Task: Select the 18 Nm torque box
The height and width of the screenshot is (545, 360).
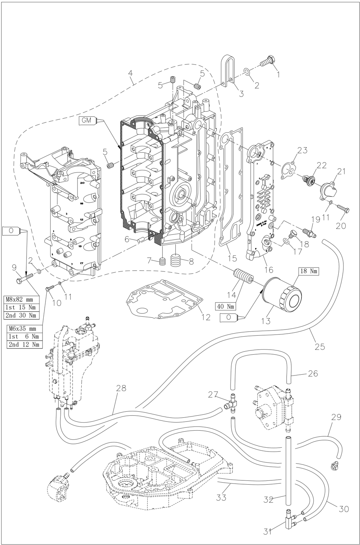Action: [308, 271]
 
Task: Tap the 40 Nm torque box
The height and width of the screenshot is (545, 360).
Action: [226, 306]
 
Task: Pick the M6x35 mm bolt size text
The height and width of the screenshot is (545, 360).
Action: [24, 328]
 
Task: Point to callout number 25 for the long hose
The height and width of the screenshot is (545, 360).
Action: [320, 346]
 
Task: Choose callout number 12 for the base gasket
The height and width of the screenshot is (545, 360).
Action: [205, 317]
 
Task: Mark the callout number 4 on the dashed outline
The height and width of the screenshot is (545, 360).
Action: [131, 80]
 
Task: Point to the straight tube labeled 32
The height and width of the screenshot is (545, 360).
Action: [288, 471]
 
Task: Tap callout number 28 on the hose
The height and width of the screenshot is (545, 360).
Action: [121, 388]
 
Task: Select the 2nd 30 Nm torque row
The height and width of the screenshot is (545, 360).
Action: [22, 315]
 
